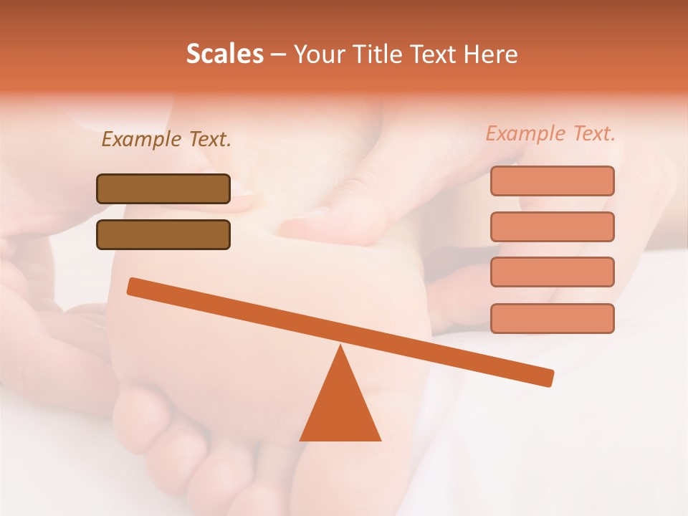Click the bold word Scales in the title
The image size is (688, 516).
[224, 54]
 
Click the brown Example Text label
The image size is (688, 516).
[166, 139]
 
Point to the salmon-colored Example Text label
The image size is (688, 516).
[550, 133]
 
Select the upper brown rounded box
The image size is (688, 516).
[163, 188]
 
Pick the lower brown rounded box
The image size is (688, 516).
[163, 234]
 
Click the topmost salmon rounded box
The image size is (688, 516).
[552, 181]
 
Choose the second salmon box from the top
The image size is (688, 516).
[552, 226]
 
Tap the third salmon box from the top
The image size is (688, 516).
[552, 272]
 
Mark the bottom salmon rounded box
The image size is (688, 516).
[552, 318]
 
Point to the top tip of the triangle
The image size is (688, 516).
[341, 347]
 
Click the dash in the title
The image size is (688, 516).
[278, 54]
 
